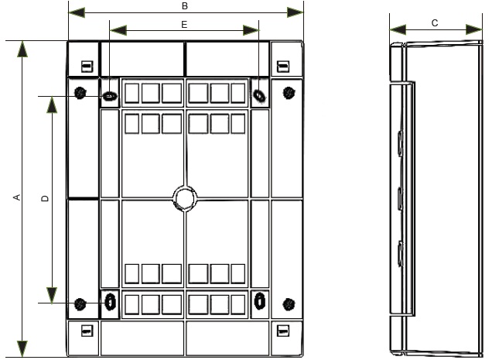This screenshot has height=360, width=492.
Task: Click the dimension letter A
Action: [x=18, y=197]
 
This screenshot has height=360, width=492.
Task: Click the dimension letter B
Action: [x=185, y=6]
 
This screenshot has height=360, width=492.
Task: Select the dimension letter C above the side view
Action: [x=435, y=23]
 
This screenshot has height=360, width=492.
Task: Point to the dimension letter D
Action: [x=46, y=198]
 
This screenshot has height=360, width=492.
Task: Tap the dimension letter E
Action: [x=184, y=25]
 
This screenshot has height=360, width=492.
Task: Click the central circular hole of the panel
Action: [x=185, y=198]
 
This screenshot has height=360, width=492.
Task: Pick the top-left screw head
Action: [x=80, y=93]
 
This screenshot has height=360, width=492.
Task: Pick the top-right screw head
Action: [x=289, y=93]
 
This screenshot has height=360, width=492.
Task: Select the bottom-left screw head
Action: [x=80, y=303]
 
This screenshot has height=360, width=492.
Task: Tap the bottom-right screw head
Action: [x=289, y=304]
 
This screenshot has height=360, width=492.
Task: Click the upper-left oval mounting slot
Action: [x=110, y=96]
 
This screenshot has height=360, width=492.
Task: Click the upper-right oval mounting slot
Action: [x=259, y=96]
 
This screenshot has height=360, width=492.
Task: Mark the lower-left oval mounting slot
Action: [x=110, y=302]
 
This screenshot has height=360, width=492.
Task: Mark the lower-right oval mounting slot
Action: [x=259, y=301]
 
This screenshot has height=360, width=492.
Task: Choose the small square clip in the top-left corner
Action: [x=87, y=67]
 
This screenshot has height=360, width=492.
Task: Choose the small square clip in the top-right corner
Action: [x=283, y=67]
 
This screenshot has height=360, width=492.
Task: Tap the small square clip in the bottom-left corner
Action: [x=87, y=331]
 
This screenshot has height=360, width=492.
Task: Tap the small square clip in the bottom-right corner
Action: [x=283, y=331]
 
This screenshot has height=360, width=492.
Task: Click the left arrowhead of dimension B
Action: [x=77, y=13]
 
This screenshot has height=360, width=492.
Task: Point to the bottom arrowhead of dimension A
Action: [x=22, y=348]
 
